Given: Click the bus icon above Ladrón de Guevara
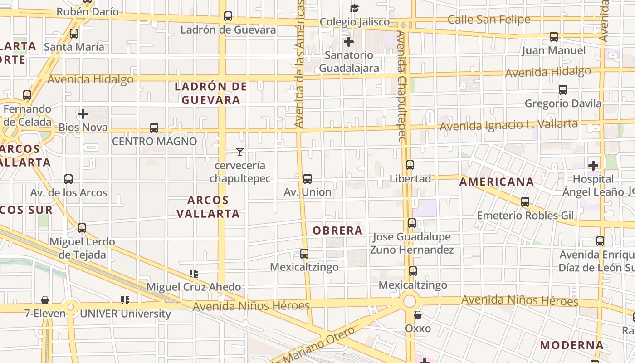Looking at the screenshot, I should pos(228,16).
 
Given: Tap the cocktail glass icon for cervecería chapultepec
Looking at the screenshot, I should pos(240,152).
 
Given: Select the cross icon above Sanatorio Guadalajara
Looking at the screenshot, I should pos(349,42).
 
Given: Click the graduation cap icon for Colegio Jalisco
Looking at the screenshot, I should pos(354,8).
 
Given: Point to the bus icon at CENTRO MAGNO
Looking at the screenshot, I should pos(154,128).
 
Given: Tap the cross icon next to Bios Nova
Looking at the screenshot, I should pos(83,114).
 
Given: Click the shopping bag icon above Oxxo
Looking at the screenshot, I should pos(418,314).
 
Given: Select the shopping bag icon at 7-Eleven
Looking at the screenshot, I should pos(45,300).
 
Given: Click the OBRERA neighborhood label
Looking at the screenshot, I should pos(337,231).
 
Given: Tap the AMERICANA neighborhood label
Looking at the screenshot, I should pos(497,182).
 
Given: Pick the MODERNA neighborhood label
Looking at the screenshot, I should pos(571,345).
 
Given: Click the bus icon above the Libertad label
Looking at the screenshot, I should pos(410,165).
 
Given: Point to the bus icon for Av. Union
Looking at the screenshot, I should pos(308,179).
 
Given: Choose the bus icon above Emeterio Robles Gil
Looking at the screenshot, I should pos(525,202).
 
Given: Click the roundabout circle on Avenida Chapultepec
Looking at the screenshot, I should pos(410,301).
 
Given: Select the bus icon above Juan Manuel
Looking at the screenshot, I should pos(554,37).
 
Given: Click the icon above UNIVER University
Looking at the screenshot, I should pos(126,300).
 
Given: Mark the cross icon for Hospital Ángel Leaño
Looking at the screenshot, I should pos(593,166).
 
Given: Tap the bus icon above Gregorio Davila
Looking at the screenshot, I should pos(563,90).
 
